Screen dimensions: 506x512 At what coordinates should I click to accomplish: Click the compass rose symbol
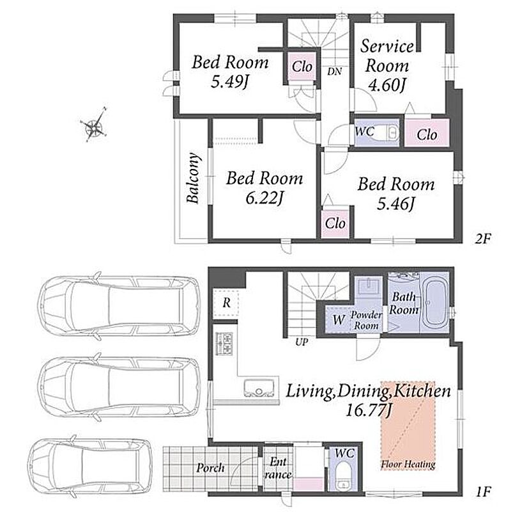click(94, 125)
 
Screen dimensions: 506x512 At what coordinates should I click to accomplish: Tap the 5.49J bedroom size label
click(229, 82)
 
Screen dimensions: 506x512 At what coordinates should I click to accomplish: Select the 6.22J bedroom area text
click(264, 198)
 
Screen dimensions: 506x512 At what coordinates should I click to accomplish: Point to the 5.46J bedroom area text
click(395, 204)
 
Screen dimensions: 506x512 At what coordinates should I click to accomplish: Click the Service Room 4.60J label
click(387, 66)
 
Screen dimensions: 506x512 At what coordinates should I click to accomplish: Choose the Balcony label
click(193, 178)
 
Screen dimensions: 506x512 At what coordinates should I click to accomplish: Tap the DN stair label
click(335, 71)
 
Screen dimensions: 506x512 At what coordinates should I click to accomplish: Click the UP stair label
click(302, 342)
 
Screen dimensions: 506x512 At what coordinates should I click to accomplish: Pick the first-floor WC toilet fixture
click(342, 476)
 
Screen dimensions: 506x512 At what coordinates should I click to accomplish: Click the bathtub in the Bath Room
click(434, 303)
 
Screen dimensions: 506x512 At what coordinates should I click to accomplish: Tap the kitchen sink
click(259, 388)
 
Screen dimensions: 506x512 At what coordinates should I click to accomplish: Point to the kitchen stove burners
click(224, 343)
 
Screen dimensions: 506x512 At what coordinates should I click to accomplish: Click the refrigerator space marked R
click(226, 303)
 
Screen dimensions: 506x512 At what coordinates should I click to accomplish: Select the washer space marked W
click(339, 319)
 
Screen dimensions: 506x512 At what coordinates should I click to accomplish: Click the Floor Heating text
click(408, 464)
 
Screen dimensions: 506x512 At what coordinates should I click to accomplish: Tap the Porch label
click(210, 468)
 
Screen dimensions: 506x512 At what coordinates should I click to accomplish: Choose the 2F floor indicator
click(482, 239)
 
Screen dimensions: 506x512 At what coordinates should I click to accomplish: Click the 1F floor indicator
click(483, 492)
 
